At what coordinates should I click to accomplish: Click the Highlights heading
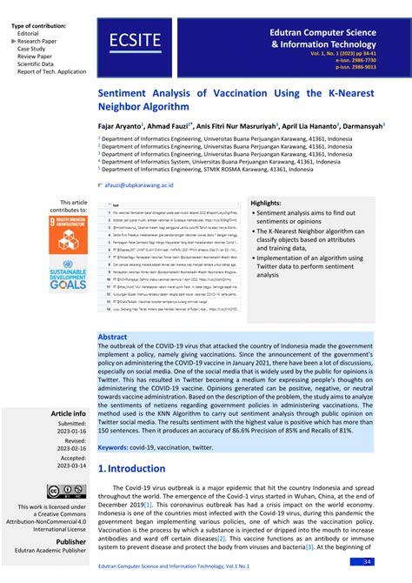266,203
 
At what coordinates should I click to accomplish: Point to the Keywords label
121,447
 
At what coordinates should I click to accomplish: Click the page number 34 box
368,561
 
